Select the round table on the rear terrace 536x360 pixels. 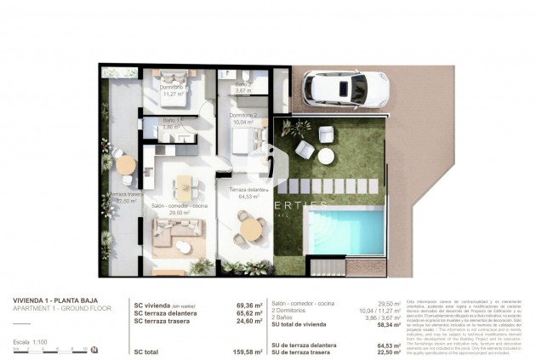click(x=125, y=163)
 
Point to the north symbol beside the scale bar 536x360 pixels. click(x=94, y=350)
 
